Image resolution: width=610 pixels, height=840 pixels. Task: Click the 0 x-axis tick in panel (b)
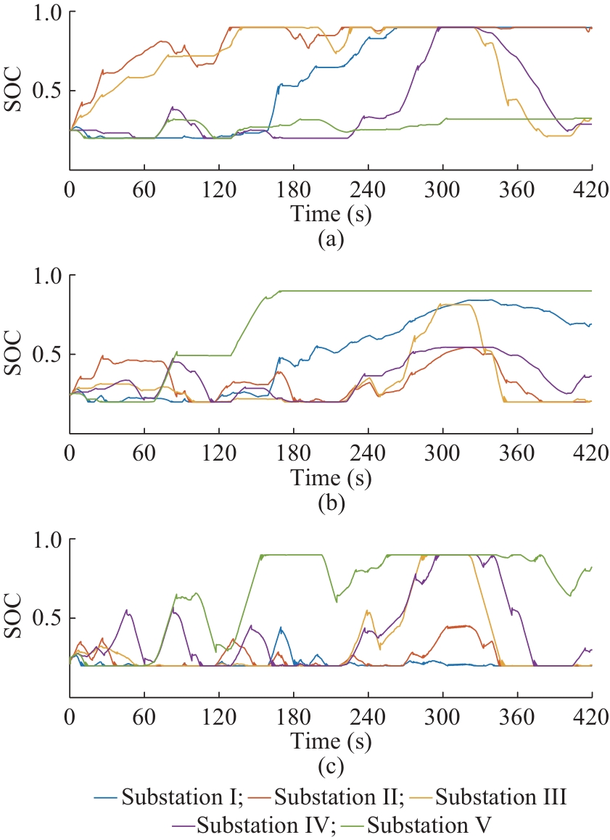(x=70, y=450)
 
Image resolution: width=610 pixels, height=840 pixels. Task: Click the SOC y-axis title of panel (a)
(x=13, y=91)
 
